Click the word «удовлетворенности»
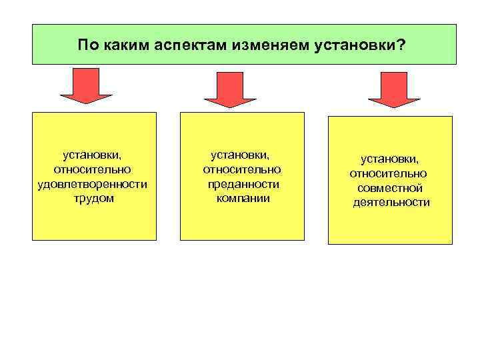tap(93, 184)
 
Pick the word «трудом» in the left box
tap(93, 198)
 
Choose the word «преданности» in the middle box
tap(243, 184)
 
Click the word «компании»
tap(243, 198)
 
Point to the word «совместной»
tap(391, 188)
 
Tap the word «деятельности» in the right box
tap(391, 202)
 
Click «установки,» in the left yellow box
tap(93, 155)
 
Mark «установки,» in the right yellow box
tap(391, 159)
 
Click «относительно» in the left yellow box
tap(93, 169)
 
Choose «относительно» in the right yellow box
tap(391, 173)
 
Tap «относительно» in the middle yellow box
tap(242, 169)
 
